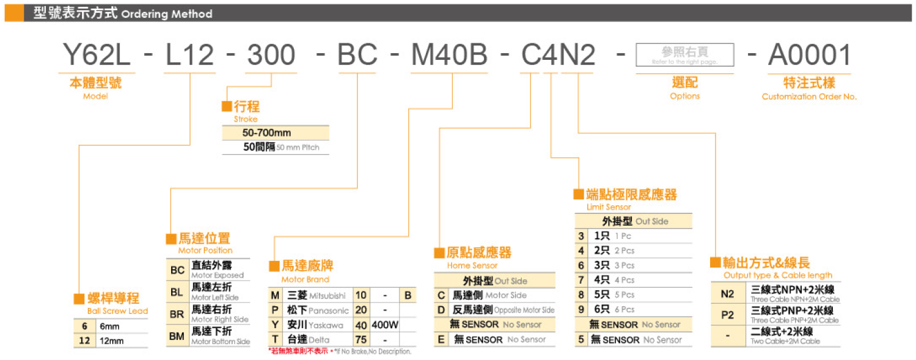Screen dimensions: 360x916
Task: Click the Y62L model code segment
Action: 97,56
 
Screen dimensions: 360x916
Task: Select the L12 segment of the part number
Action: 189,56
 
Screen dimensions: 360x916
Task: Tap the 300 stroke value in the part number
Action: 271,56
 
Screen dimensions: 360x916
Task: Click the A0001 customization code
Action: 809,56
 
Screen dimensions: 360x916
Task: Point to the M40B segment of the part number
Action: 449,56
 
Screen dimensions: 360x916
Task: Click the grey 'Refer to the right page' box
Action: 684,55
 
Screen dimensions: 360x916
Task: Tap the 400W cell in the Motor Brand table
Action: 384,325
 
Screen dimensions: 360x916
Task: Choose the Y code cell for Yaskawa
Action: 275,325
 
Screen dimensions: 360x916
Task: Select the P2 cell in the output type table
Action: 727,315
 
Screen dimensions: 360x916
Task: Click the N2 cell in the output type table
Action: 727,294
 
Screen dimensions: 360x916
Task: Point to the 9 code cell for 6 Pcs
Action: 581,309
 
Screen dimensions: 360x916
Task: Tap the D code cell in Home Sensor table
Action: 441,309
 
